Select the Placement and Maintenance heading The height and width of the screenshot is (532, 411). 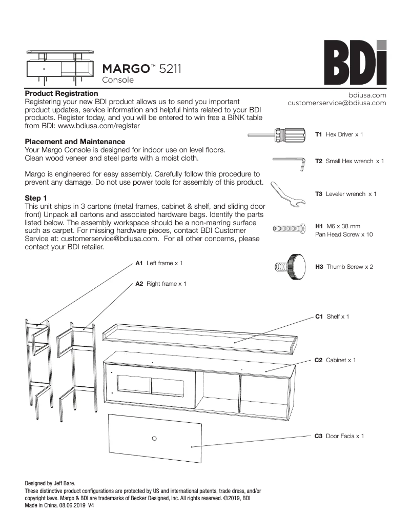click(x=75, y=142)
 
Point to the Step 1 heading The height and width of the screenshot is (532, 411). click(x=36, y=198)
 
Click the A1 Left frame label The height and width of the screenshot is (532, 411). click(x=159, y=263)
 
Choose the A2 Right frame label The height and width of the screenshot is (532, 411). click(x=160, y=283)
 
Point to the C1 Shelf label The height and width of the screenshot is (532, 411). click(x=332, y=317)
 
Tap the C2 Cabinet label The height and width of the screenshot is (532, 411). click(x=335, y=360)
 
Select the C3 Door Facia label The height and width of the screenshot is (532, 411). click(x=339, y=436)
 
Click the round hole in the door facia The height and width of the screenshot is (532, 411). click(x=154, y=439)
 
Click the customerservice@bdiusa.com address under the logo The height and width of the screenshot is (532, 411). click(x=337, y=103)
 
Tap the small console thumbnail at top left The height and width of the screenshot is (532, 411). click(x=60, y=65)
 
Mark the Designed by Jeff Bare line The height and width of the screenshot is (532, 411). click(x=50, y=483)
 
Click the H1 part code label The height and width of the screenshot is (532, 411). click(x=318, y=226)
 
